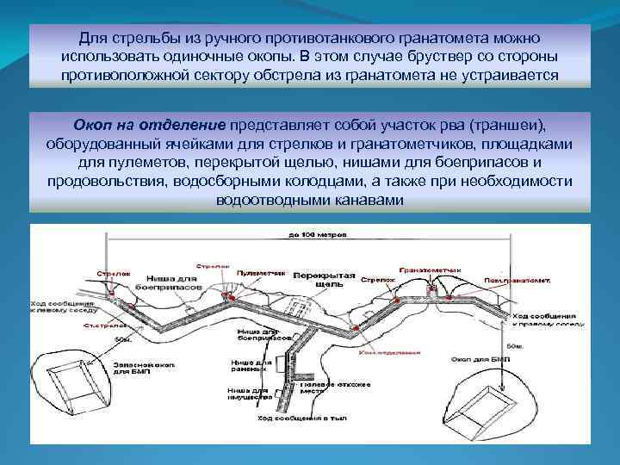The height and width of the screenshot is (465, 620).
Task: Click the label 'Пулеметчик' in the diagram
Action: coord(260,271)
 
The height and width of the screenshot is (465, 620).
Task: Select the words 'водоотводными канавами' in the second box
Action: coord(309,199)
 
